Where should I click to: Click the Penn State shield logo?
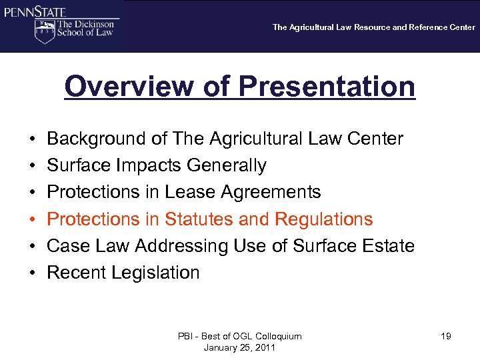(45, 31)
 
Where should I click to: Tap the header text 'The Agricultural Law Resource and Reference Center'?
(374, 27)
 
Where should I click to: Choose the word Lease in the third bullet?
(189, 192)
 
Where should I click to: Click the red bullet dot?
(33, 219)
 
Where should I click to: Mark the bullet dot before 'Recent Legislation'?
(33, 273)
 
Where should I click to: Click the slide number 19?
(446, 336)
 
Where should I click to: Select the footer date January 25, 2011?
(240, 347)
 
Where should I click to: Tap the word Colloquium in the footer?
(275, 336)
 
